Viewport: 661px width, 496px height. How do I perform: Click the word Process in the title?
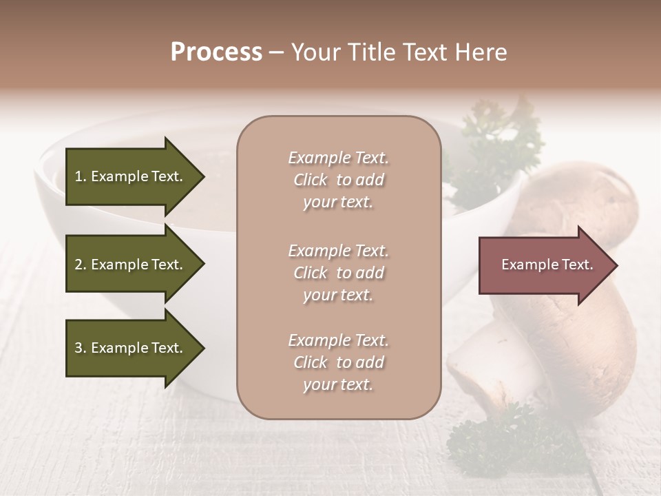coord(216,52)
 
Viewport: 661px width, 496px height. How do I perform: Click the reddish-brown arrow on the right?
coord(544,265)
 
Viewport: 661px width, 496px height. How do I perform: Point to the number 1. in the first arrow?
coord(81,176)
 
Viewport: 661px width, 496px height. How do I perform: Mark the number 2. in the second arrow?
coord(81,265)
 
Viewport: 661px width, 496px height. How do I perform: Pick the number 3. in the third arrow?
coord(81,348)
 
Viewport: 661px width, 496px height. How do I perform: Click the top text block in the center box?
coord(338,180)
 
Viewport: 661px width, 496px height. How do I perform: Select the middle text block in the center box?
coord(338,273)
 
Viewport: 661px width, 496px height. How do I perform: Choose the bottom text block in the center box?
coord(338,362)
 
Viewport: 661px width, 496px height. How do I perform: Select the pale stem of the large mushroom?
coord(482,365)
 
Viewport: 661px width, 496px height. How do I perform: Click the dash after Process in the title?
coord(277,52)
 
